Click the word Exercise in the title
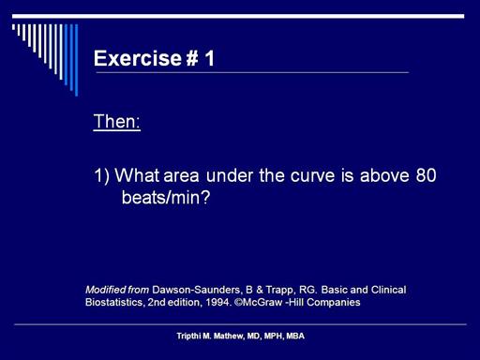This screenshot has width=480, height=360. (x=138, y=58)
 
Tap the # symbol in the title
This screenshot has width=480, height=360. (x=192, y=58)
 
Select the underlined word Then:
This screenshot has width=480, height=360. (x=117, y=121)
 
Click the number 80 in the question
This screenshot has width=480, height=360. (x=426, y=175)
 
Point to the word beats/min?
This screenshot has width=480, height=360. (x=166, y=197)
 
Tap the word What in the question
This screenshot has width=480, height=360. (x=137, y=175)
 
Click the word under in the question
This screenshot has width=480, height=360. (x=230, y=175)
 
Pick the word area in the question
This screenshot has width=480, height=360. (x=181, y=176)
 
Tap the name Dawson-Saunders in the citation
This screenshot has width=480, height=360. (x=197, y=290)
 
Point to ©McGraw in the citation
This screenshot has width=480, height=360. (x=258, y=303)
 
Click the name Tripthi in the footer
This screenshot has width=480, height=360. (x=188, y=336)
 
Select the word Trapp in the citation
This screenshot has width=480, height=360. (x=279, y=291)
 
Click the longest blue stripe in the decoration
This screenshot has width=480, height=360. (x=76, y=60)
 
